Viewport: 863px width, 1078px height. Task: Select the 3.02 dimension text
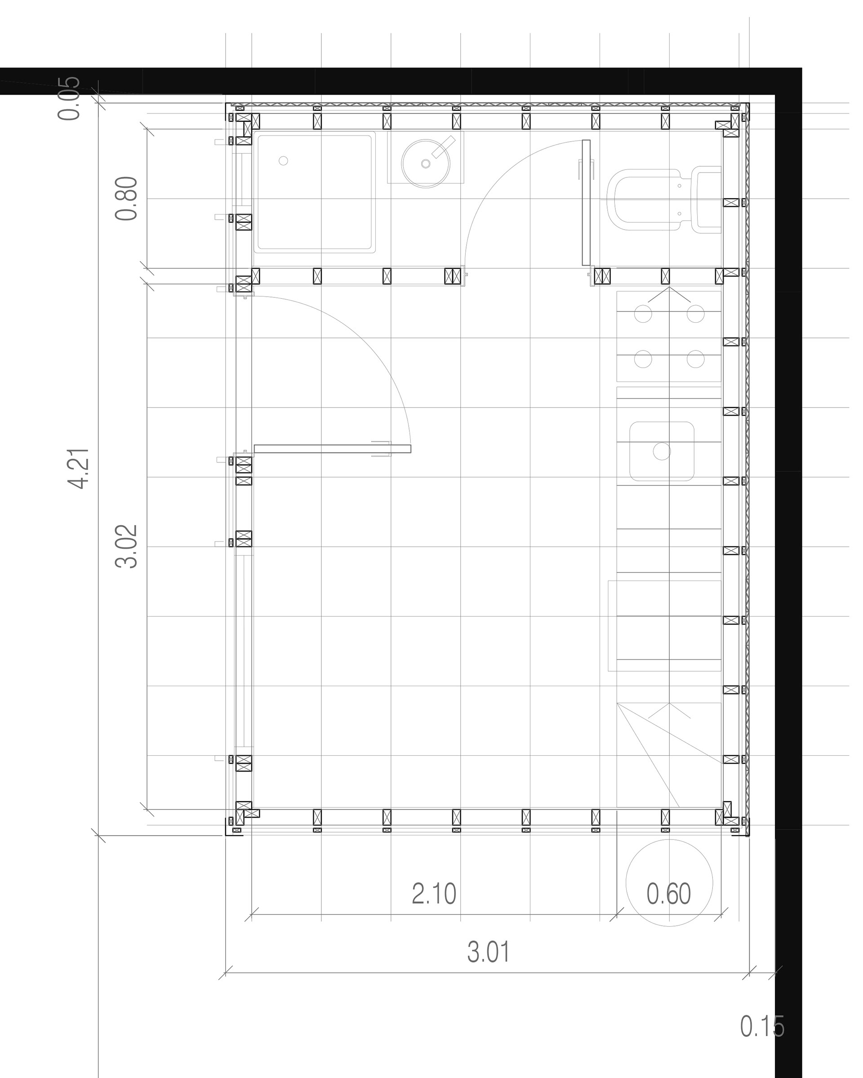(x=126, y=546)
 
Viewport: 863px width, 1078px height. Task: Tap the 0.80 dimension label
(x=126, y=199)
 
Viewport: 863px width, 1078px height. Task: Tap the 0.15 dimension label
(x=762, y=1023)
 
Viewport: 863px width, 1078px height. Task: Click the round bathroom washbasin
(x=426, y=164)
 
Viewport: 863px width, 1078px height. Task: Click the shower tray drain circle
(x=283, y=160)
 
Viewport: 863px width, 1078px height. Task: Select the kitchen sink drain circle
(x=662, y=452)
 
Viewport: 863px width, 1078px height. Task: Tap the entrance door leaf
(x=333, y=449)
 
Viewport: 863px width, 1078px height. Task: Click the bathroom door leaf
(x=586, y=203)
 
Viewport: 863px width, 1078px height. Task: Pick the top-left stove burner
(x=643, y=314)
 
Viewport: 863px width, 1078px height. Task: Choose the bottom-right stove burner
(x=695, y=359)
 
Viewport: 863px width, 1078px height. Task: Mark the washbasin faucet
(x=443, y=147)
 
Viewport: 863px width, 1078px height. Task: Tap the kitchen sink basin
(x=662, y=452)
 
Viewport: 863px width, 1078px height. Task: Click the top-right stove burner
(x=695, y=314)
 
